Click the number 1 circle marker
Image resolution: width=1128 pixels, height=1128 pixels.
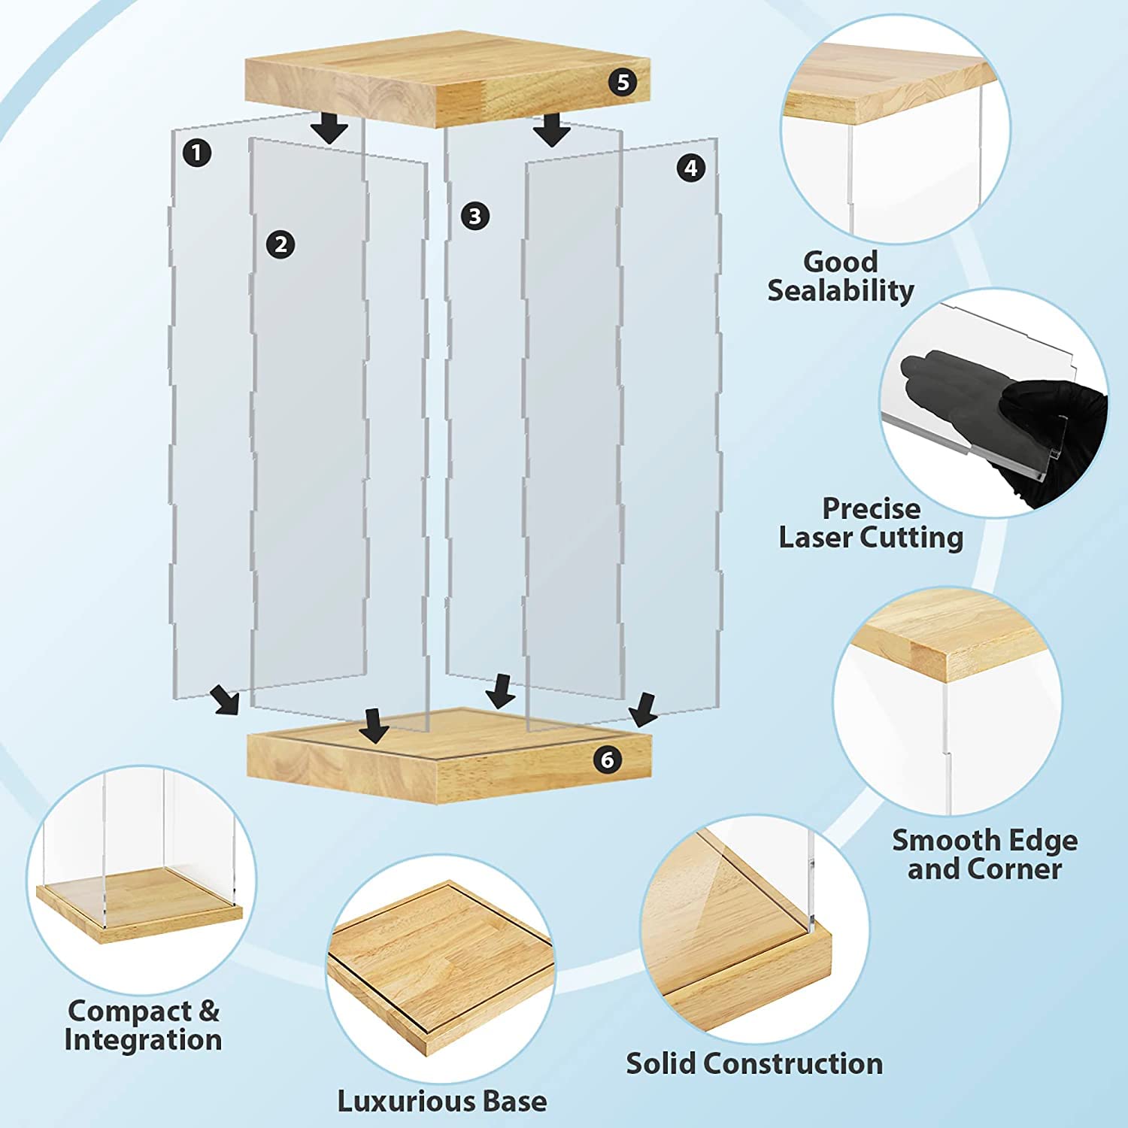click(x=196, y=153)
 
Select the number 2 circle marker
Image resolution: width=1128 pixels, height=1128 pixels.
click(x=280, y=244)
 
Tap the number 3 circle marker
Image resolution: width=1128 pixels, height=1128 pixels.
click(x=475, y=217)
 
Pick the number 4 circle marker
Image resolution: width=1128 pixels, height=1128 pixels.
click(x=690, y=168)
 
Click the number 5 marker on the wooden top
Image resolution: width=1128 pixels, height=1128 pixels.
click(x=623, y=82)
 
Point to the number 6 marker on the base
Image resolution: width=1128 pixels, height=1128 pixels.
click(x=608, y=760)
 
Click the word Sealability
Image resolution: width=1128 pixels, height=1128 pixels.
click(x=841, y=290)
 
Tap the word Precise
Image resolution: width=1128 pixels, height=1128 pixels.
click(x=871, y=509)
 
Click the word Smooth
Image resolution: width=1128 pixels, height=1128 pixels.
click(x=937, y=840)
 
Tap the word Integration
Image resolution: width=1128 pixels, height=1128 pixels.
click(x=143, y=1040)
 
